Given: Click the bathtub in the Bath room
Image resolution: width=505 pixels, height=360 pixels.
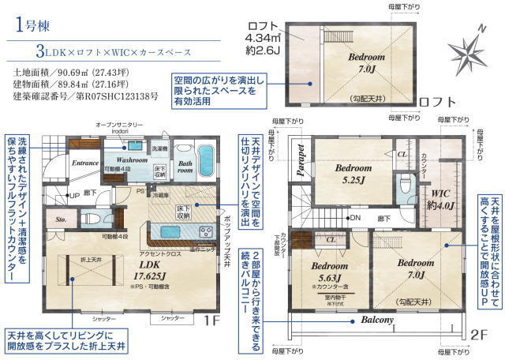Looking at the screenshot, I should (x=207, y=152).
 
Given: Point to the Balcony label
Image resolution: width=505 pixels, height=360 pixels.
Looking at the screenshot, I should (x=378, y=321).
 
